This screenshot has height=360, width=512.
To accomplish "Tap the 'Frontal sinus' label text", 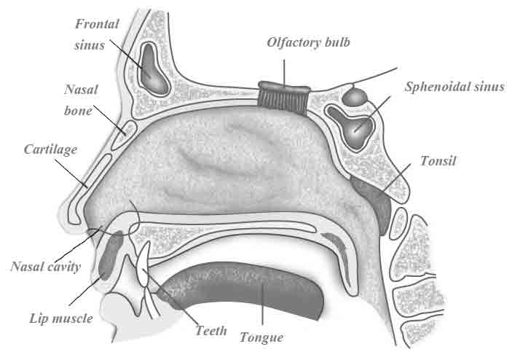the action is click(97, 34).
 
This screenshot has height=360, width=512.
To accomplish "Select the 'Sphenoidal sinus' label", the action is click(454, 87).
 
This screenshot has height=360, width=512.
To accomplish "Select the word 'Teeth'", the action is click(211, 330).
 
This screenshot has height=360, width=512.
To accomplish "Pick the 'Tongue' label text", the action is click(261, 337).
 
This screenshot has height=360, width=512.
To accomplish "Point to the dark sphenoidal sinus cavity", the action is click(356, 128).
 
